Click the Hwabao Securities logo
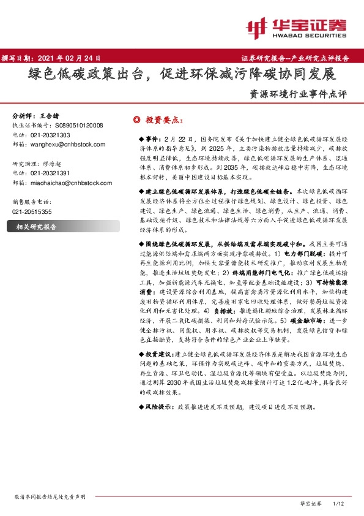(x=297, y=27)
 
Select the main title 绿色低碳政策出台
(x=86, y=75)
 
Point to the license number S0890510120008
(x=76, y=125)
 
